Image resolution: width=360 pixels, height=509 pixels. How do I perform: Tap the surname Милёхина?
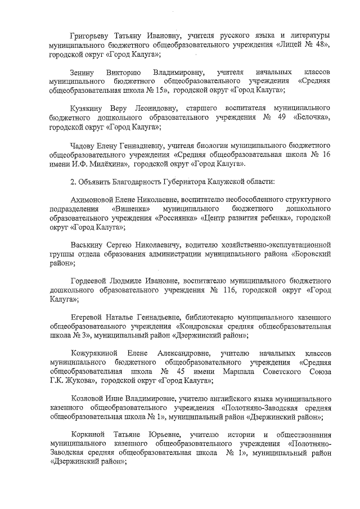pos(112,163)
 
